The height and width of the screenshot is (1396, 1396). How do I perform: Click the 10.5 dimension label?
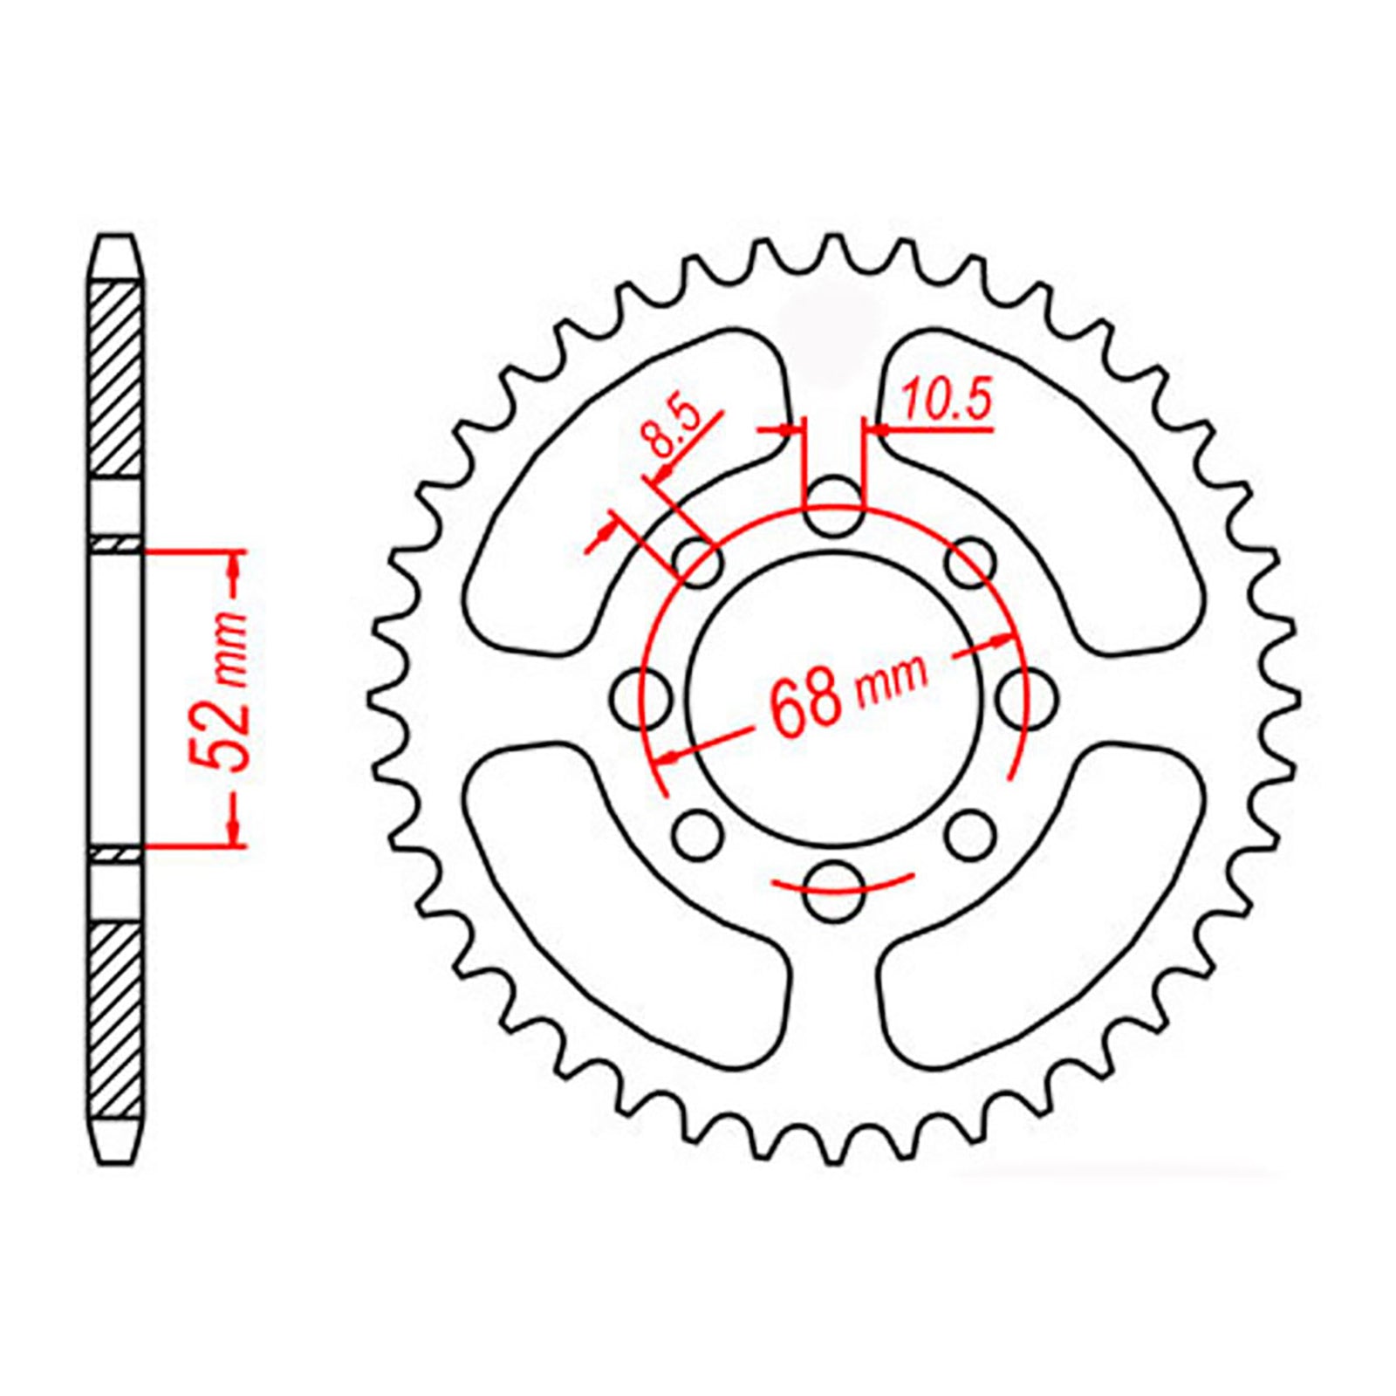click(x=947, y=404)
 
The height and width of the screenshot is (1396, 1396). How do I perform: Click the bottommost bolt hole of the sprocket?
click(x=831, y=891)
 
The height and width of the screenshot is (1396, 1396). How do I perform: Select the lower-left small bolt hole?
click(x=698, y=836)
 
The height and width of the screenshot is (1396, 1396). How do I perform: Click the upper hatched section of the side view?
click(x=115, y=380)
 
